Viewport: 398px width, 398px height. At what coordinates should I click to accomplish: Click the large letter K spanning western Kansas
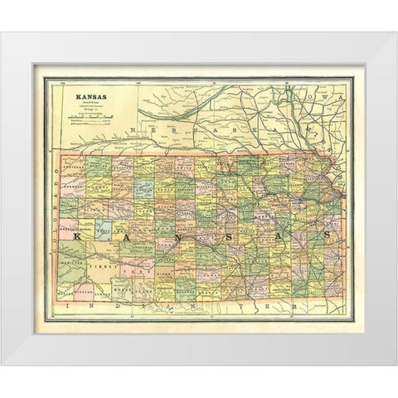tap(78, 237)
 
